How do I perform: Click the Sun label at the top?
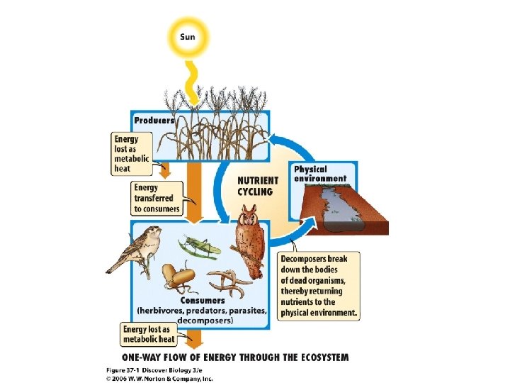[x=188, y=36]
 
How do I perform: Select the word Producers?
[x=155, y=121]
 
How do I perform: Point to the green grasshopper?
[x=200, y=246]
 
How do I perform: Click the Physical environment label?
[x=320, y=174]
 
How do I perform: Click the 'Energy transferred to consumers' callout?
[x=157, y=199]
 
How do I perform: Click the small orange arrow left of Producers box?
[x=164, y=171]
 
